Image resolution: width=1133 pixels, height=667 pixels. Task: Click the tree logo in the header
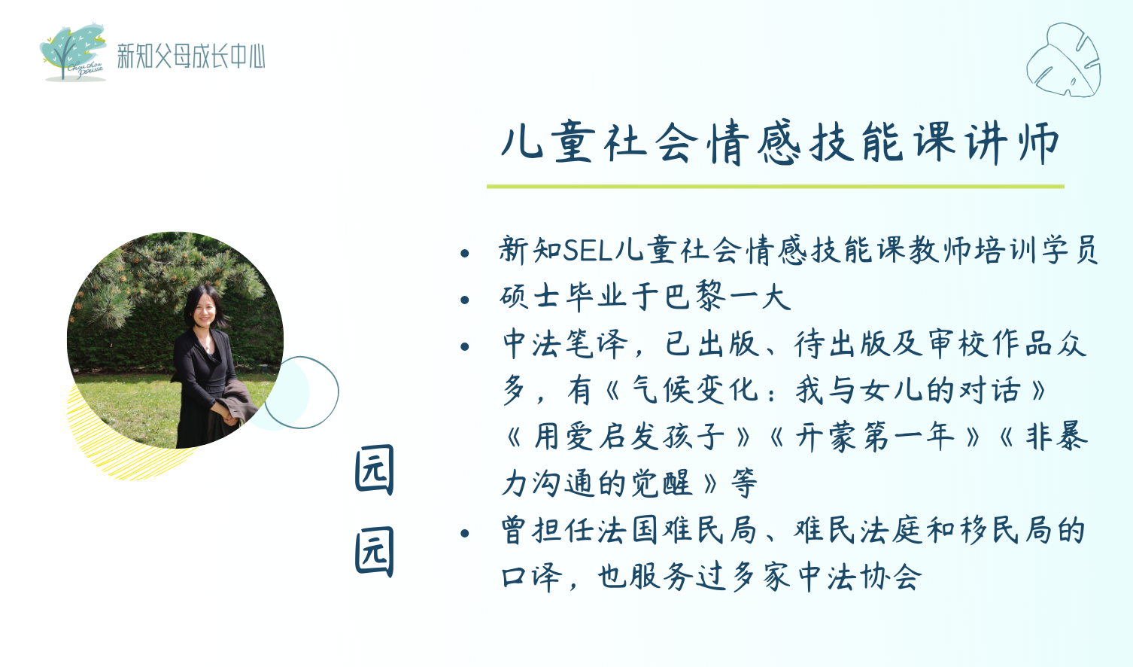point(73,52)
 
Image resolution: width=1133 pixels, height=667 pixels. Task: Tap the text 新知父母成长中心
point(191,56)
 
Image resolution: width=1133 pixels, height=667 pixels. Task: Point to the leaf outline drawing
point(1063,59)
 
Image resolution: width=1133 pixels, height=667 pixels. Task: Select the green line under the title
point(776,187)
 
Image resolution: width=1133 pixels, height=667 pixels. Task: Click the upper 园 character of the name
point(375,471)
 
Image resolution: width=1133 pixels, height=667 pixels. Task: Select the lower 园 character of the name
point(375,552)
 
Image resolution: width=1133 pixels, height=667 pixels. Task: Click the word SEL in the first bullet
point(588,251)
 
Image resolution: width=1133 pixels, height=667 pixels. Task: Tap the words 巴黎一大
point(727,297)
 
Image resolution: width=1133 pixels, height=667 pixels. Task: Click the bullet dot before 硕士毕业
point(465,300)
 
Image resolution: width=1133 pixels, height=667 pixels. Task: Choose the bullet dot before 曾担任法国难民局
point(465,533)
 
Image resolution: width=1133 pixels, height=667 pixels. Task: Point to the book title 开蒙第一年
point(875,437)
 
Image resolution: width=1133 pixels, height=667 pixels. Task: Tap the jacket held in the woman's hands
point(237,402)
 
